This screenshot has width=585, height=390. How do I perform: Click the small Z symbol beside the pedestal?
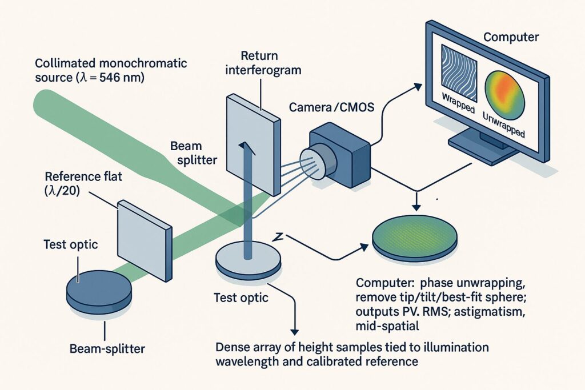tap(279, 236)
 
